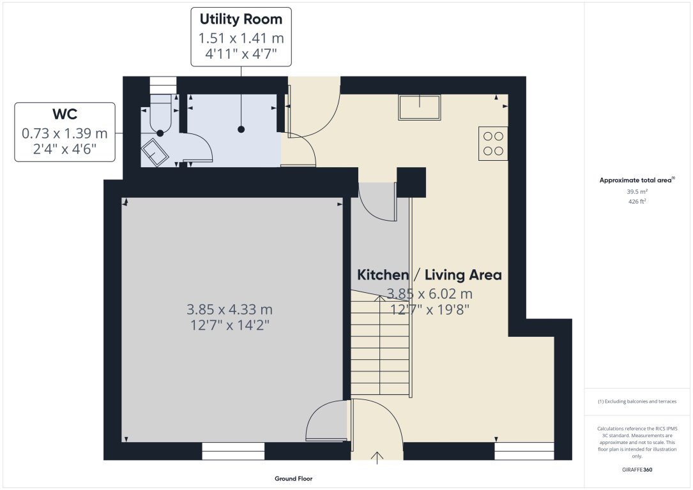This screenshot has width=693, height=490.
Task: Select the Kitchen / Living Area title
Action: pos(429,275)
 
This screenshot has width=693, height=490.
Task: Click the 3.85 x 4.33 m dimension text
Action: pos(229,309)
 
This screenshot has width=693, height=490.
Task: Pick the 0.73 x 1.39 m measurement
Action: pos(65,134)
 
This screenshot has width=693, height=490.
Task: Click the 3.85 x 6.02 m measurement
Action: pos(429,294)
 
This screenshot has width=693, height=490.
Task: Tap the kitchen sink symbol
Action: pos(419,107)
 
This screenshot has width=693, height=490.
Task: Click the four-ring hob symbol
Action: pos(492,143)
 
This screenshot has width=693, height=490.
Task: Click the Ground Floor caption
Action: pos(293,479)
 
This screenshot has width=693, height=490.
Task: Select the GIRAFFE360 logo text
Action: pos(637,470)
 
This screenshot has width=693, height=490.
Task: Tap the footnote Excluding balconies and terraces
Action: pos(637,401)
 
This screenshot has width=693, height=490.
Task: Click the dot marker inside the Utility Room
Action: pos(241,130)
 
